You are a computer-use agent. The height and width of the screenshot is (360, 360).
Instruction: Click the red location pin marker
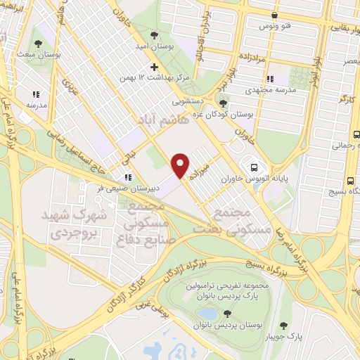point(181,165)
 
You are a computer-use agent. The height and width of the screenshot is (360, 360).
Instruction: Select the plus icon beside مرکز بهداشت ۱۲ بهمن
point(155,67)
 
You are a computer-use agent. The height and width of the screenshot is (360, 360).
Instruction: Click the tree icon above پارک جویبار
point(284,325)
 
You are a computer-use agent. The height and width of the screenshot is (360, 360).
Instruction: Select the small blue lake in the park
point(208,314)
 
